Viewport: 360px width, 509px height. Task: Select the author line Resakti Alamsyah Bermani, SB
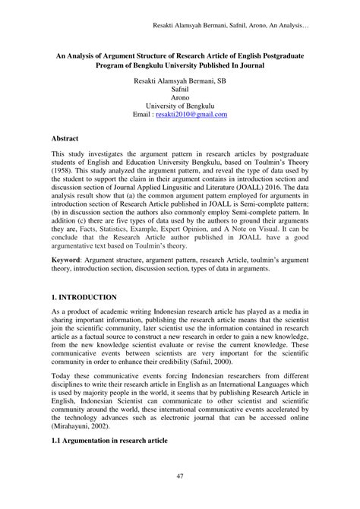(180, 79)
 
